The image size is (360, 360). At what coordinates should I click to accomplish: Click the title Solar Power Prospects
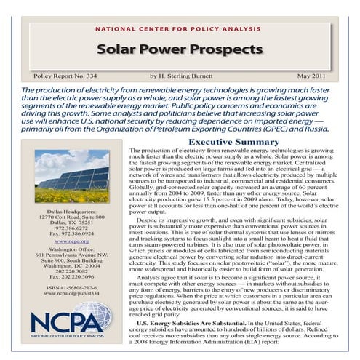(180, 50)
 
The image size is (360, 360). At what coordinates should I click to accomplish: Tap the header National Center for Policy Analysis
(180, 30)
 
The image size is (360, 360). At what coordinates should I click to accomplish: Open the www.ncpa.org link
(71, 241)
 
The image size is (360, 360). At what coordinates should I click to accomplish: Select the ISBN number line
(71, 289)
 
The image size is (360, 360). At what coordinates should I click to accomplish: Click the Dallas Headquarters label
(71, 210)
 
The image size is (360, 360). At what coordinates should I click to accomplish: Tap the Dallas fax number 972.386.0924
(71, 233)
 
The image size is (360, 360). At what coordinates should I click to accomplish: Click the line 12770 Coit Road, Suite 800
(71, 217)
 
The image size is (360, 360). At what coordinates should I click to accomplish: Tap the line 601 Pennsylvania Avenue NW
(71, 255)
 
